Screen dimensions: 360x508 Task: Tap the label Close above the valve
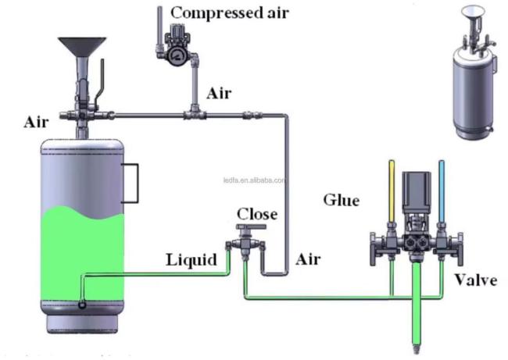[x=257, y=213]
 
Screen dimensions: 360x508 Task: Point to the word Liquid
[x=191, y=260]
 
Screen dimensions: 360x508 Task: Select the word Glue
[x=342, y=201]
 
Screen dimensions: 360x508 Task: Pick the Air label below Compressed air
[x=220, y=94]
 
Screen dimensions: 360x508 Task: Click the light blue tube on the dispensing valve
[x=442, y=187]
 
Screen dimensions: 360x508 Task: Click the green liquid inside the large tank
[x=78, y=250]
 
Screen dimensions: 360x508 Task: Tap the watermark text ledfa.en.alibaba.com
[x=254, y=179]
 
